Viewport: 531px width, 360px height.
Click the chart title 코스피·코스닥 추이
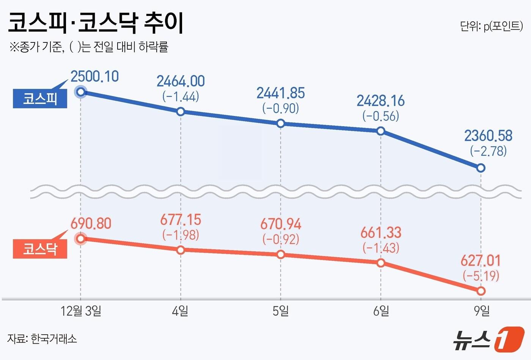tap(96, 23)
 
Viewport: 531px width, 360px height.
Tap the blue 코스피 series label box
tap(40, 99)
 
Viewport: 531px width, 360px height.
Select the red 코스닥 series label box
tap(40, 249)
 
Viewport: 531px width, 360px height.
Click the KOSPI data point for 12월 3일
tap(80, 92)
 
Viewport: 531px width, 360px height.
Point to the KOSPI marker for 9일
tap(481, 168)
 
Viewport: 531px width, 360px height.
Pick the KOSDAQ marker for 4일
tap(181, 250)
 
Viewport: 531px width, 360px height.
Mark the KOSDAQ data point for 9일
tap(481, 291)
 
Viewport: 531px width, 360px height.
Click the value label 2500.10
tap(94, 77)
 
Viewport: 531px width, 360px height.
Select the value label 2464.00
tap(181, 81)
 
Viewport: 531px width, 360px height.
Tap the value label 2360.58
tap(488, 136)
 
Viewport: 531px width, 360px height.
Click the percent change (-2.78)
tap(488, 151)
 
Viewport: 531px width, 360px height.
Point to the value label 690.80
tap(91, 224)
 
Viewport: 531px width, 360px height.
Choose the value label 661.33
tap(381, 233)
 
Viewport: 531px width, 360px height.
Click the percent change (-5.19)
tap(481, 275)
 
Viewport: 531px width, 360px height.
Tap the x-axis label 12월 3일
tap(81, 311)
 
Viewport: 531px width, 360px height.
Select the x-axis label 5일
tap(281, 311)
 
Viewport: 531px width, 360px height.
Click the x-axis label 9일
tap(481, 311)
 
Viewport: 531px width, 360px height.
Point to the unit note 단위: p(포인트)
tap(491, 26)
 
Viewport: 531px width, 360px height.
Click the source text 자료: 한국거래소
tap(42, 338)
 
